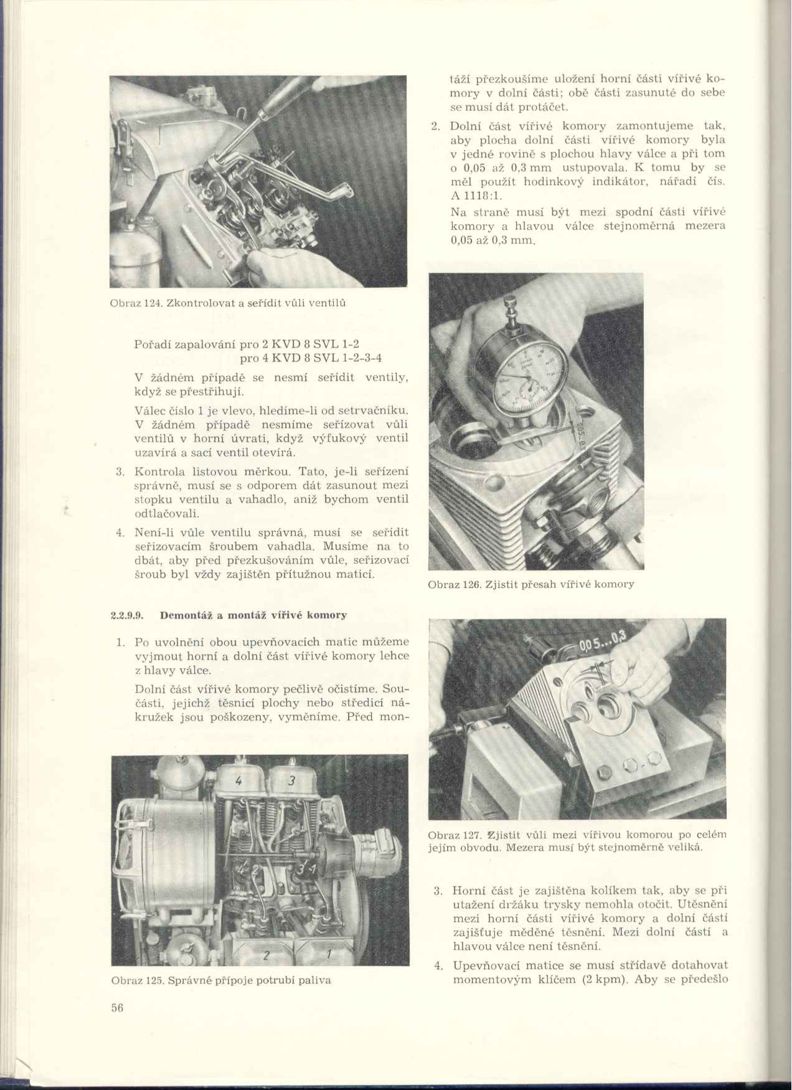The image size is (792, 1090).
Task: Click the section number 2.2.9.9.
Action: pyautogui.click(x=126, y=615)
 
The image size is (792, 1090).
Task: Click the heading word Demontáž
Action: pyautogui.click(x=181, y=615)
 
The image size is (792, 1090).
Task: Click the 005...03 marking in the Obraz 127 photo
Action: pyautogui.click(x=600, y=641)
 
